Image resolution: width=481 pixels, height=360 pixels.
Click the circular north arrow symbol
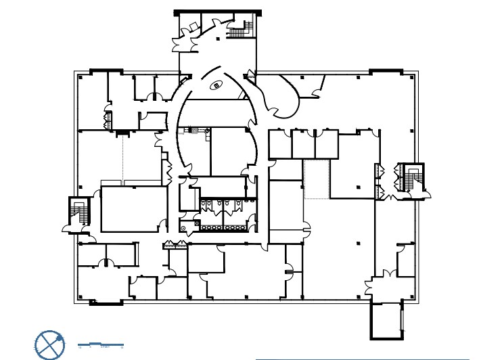pyautogui.click(x=49, y=344)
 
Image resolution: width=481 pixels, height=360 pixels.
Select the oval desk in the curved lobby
pyautogui.click(x=216, y=85)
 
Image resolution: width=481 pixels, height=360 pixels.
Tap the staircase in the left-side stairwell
pyautogui.click(x=78, y=213)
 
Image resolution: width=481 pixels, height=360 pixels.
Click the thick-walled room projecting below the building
pyautogui.click(x=386, y=320)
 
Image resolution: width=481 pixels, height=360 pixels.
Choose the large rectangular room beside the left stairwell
pyautogui.click(x=133, y=210)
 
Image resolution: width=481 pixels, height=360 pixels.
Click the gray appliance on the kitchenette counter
pyautogui.click(x=193, y=129)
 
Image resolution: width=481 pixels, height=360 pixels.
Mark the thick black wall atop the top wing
pyautogui.click(x=217, y=12)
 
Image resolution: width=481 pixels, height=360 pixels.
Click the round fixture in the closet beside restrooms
pyautogui.click(x=184, y=228)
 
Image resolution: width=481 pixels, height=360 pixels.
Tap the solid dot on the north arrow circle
pyautogui.click(x=60, y=336)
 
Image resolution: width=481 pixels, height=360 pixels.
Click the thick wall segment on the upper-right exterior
pyautogui.click(x=386, y=70)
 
